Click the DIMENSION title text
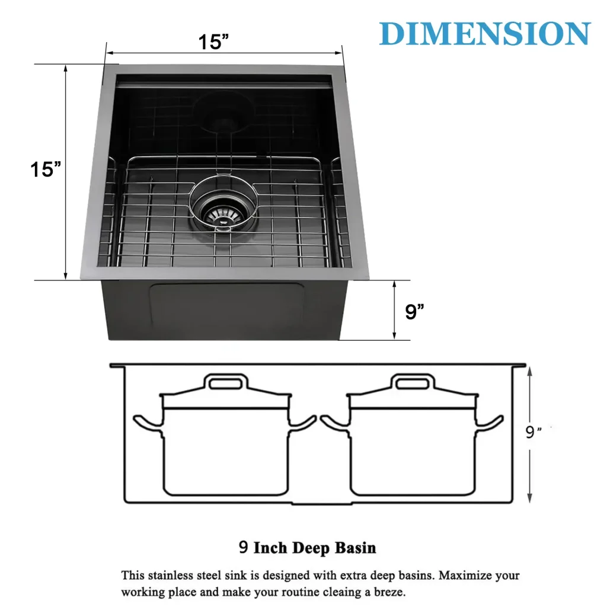click(x=485, y=33)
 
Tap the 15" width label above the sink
click(x=213, y=41)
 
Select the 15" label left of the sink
click(x=46, y=169)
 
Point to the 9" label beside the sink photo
click(x=414, y=312)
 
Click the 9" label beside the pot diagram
click(x=533, y=432)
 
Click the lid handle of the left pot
click(x=226, y=382)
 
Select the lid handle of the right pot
click(x=413, y=382)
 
